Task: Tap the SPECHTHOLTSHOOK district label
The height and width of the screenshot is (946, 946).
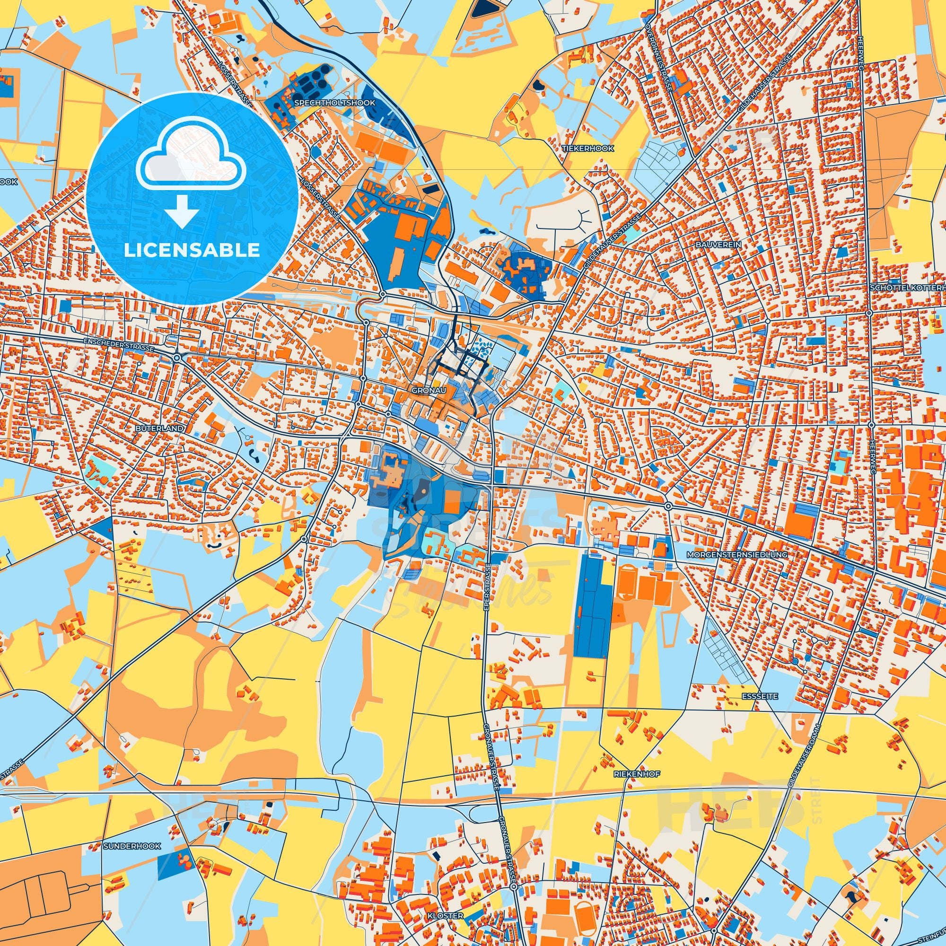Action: click(x=335, y=103)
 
